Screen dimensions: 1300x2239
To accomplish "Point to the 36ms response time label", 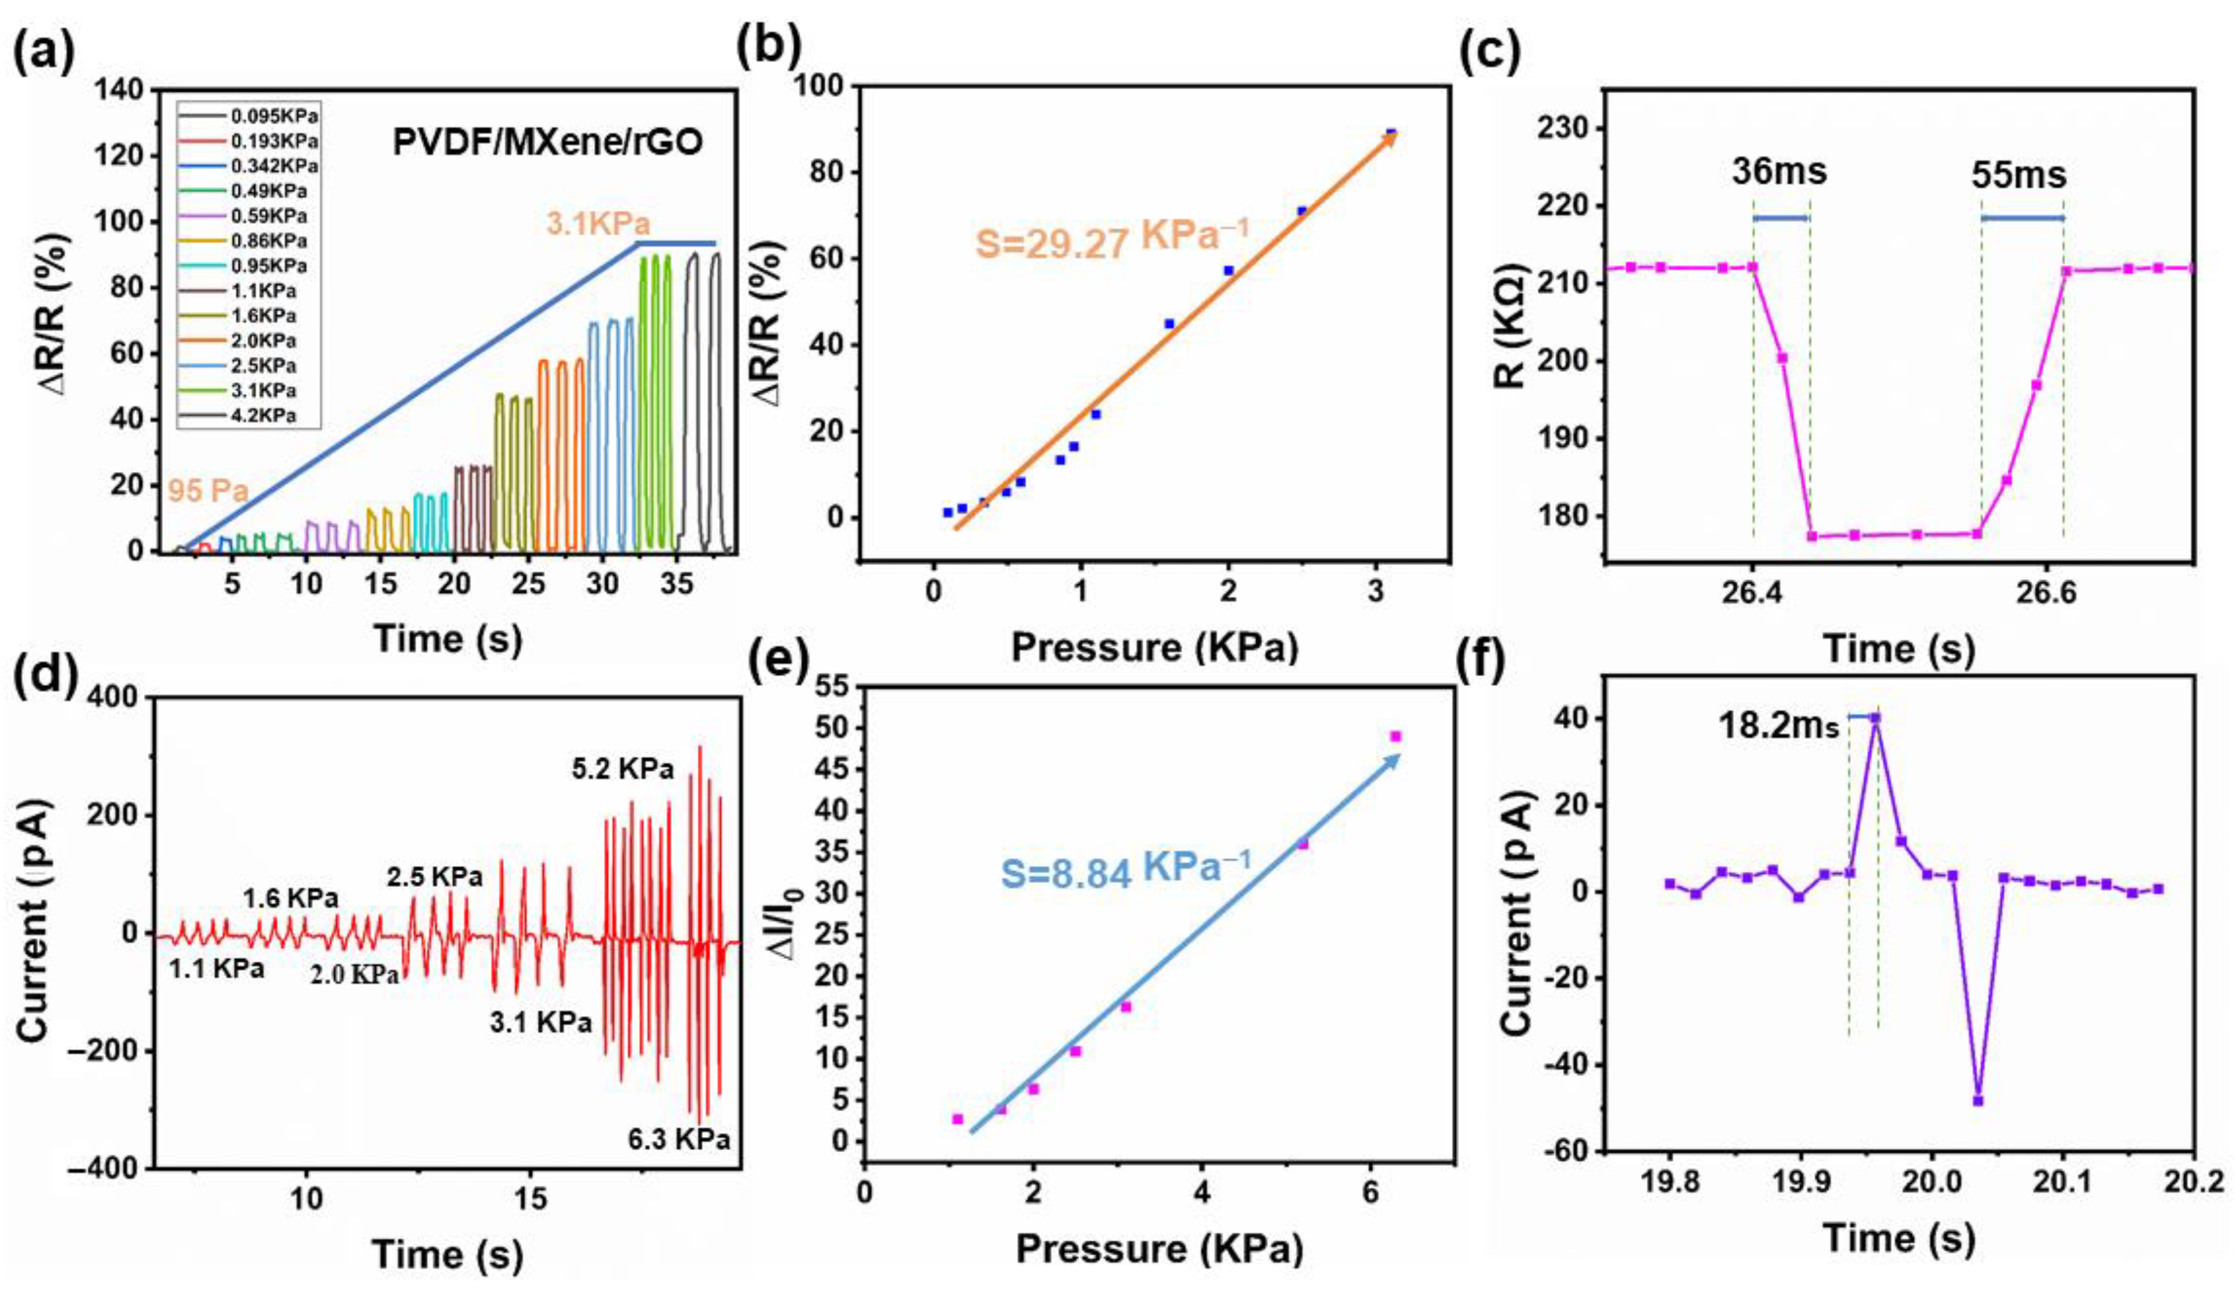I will coord(1779,171).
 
